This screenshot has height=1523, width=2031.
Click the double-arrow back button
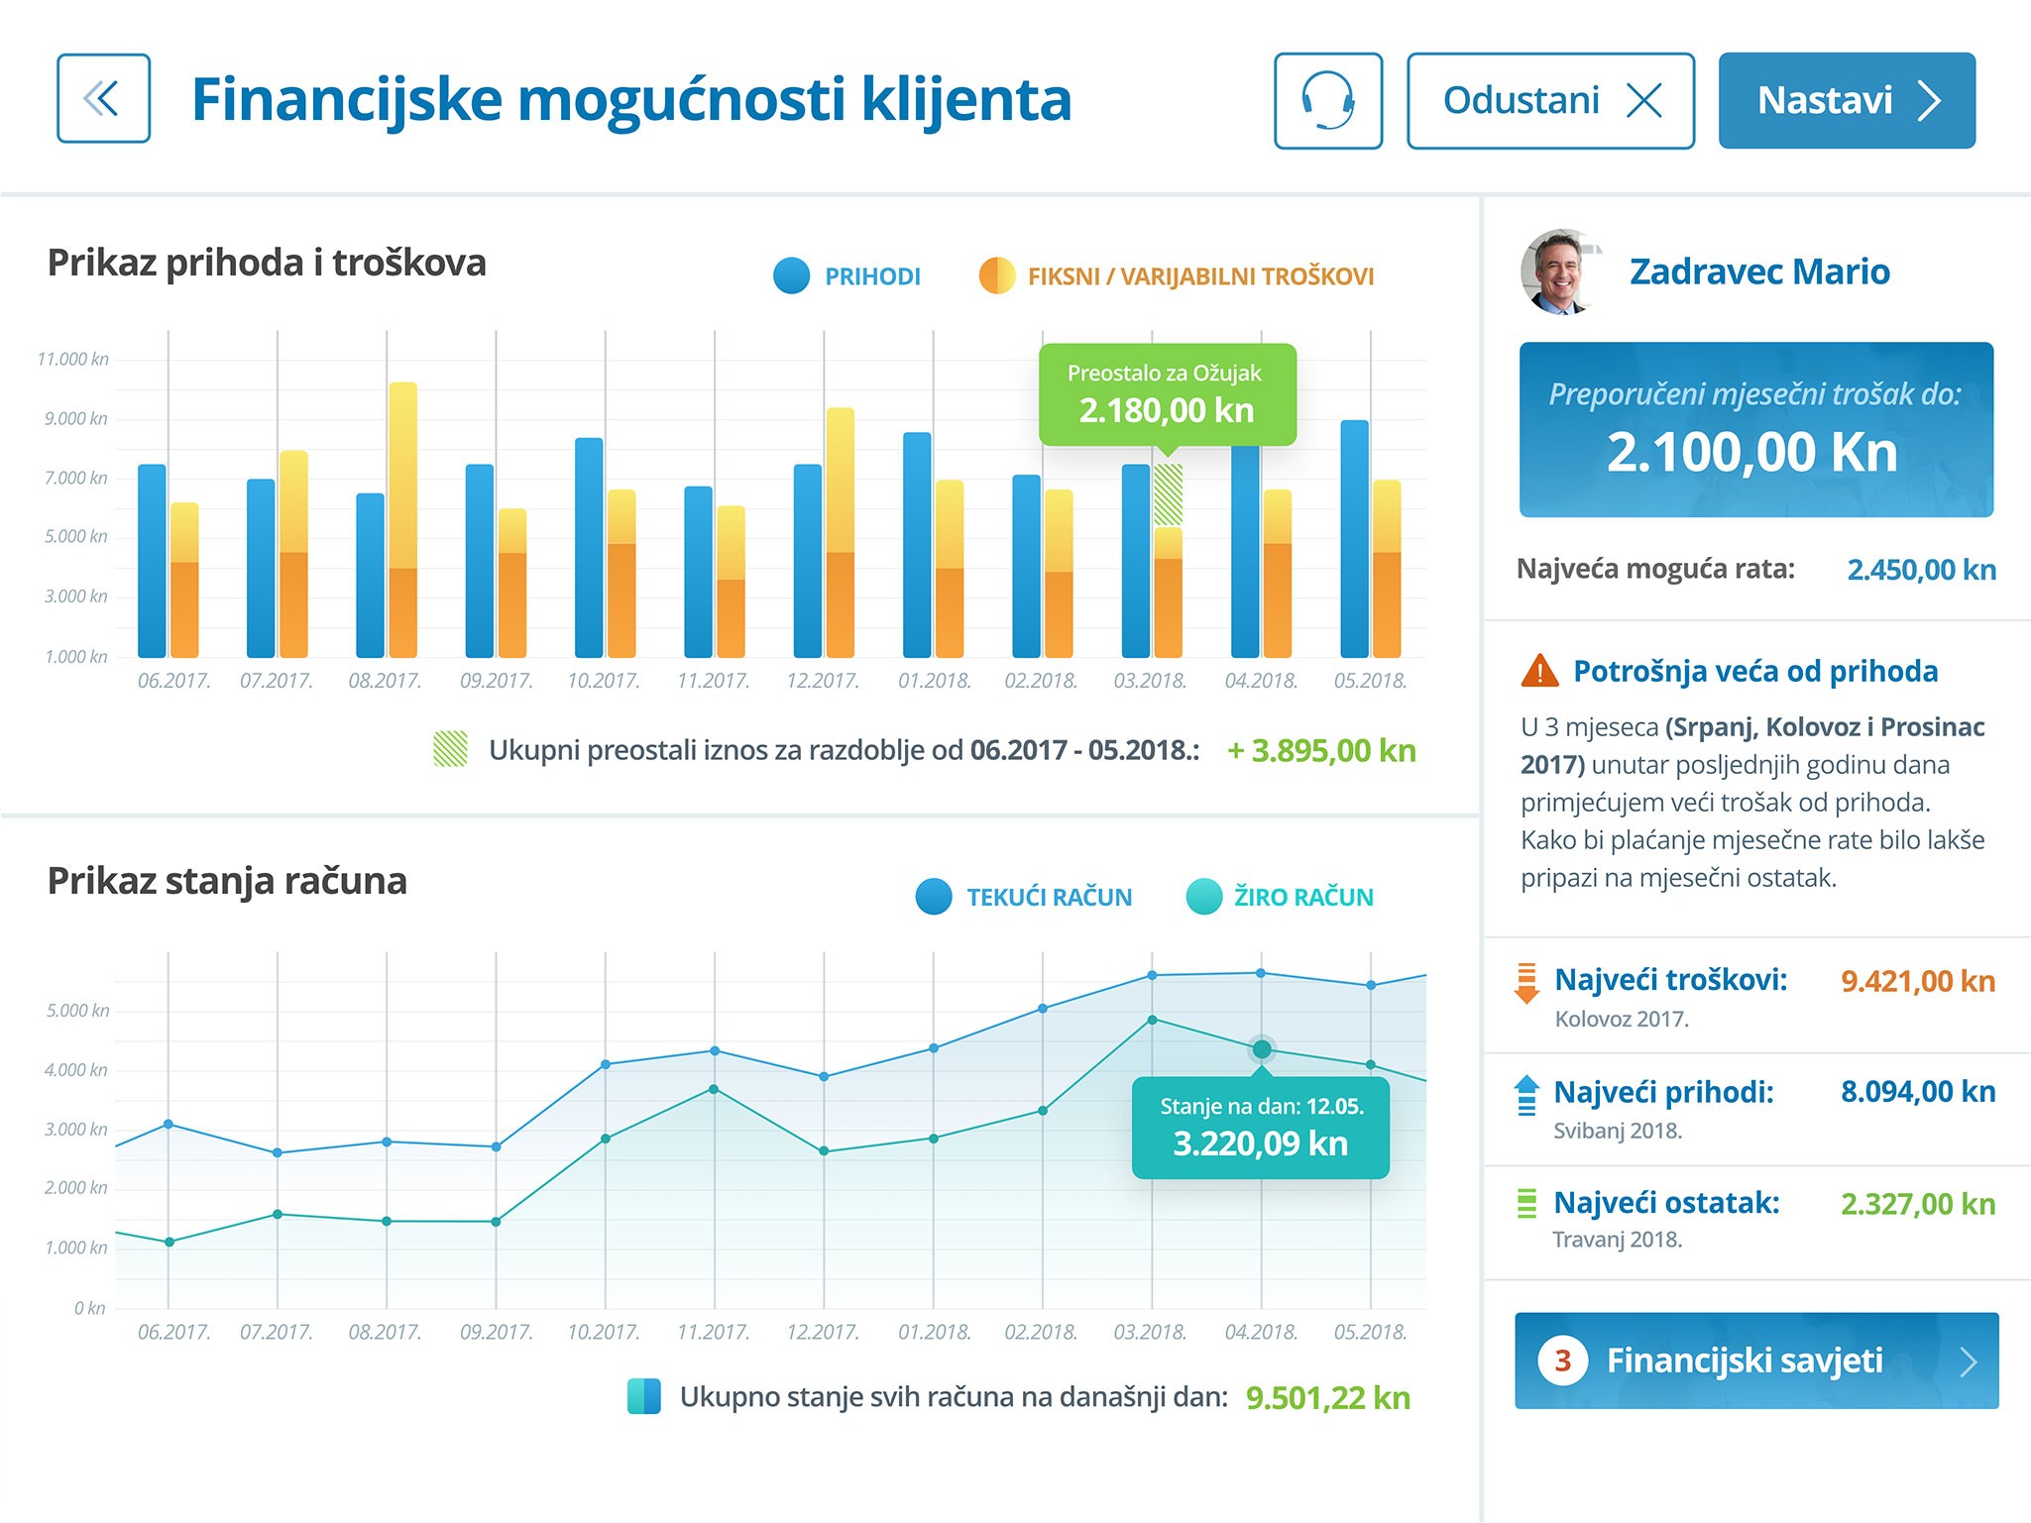pyautogui.click(x=103, y=99)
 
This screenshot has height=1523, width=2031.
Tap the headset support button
pyautogui.click(x=1327, y=101)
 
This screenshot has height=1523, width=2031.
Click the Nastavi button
pyautogui.click(x=1846, y=101)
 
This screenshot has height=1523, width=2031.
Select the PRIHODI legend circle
pyautogui.click(x=791, y=276)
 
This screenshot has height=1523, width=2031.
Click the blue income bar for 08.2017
pyautogui.click(x=370, y=575)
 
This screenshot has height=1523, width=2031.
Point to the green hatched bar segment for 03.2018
pyautogui.click(x=1168, y=494)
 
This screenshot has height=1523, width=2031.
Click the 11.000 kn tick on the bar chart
pyautogui.click(x=73, y=359)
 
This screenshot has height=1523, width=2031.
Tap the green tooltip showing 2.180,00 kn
pyautogui.click(x=1167, y=394)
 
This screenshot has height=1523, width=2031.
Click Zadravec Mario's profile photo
pyautogui.click(x=1559, y=272)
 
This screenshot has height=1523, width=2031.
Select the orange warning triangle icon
pyautogui.click(x=1539, y=671)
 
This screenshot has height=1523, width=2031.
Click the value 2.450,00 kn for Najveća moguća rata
pyautogui.click(x=1921, y=570)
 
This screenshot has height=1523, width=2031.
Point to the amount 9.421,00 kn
pyautogui.click(x=1917, y=981)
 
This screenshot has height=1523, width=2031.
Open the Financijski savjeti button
pyautogui.click(x=1755, y=1360)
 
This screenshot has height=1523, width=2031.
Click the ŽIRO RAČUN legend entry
pyautogui.click(x=1280, y=897)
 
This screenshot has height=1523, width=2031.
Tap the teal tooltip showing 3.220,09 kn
pyautogui.click(x=1260, y=1129)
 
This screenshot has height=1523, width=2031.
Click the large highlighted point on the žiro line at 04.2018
pyautogui.click(x=1261, y=1048)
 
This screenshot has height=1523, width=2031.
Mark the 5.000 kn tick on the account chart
pyautogui.click(x=77, y=1011)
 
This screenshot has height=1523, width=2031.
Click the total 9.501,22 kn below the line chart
pyautogui.click(x=1327, y=1398)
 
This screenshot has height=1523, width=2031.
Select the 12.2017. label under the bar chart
pyautogui.click(x=823, y=681)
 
